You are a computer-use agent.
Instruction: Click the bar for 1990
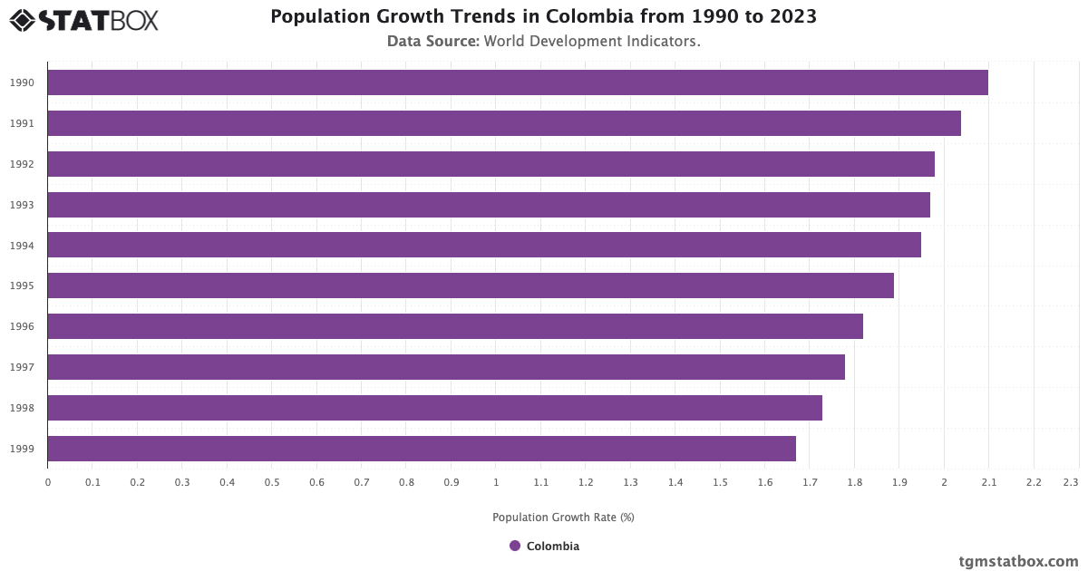(517, 82)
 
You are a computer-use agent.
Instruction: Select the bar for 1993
(488, 205)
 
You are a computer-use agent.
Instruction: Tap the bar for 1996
(454, 326)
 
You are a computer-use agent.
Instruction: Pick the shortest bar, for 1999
(421, 449)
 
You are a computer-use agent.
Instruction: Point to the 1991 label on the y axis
(23, 123)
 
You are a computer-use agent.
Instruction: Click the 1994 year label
(23, 246)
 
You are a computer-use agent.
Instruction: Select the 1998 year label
(23, 408)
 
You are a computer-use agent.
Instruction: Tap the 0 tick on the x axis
(48, 482)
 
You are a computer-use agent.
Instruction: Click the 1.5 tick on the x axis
(720, 482)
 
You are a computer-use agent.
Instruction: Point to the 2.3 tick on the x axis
(1071, 482)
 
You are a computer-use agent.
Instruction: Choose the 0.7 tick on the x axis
(362, 482)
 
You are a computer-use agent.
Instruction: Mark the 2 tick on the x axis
(944, 482)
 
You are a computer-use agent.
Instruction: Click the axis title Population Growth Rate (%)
(563, 518)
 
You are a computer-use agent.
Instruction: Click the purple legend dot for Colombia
(515, 546)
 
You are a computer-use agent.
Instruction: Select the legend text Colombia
(552, 546)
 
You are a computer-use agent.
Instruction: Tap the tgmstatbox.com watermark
(1018, 561)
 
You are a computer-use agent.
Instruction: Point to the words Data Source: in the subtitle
(433, 41)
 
